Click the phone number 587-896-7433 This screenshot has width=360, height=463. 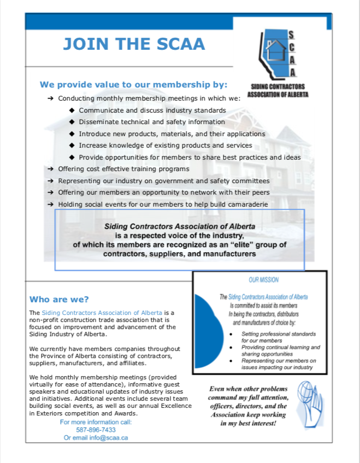click(96, 430)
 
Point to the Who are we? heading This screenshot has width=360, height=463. click(59, 299)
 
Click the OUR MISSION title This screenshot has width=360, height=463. click(263, 280)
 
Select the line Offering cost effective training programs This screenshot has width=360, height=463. click(123, 169)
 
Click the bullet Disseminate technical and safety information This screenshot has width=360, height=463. click(151, 122)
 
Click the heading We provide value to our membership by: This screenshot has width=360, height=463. click(133, 85)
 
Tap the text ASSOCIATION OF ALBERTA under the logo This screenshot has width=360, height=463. click(278, 94)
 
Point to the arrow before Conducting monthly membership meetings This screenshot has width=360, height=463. click(50, 99)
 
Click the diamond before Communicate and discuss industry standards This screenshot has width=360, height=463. click(72, 110)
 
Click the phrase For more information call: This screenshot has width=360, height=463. click(96, 422)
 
